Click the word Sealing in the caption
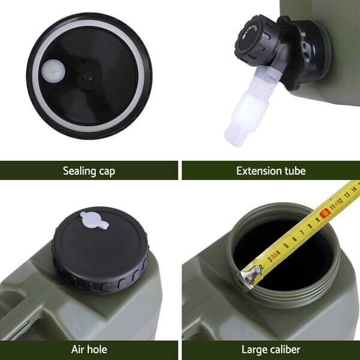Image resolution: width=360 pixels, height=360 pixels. (79, 171)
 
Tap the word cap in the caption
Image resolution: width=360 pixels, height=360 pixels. (107, 172)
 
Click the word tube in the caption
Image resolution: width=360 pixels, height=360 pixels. (295, 171)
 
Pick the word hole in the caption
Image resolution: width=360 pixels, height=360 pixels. (97, 349)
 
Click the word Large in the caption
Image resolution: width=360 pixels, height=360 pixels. (254, 350)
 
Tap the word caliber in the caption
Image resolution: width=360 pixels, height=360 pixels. (284, 349)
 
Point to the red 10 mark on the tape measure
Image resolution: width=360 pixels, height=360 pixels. (325, 214)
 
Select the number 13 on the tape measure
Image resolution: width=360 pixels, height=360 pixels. (347, 194)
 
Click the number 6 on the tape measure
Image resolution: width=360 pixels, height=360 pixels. (295, 239)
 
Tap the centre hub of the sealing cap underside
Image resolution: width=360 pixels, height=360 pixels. (88, 76)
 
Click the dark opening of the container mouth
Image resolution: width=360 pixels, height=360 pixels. (283, 253)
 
